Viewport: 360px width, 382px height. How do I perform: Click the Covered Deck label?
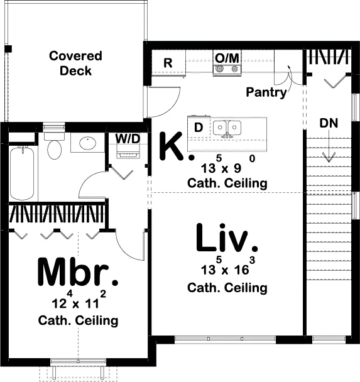(x=75, y=63)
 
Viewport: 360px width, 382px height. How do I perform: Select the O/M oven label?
(x=227, y=58)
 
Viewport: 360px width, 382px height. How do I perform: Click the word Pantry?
(x=266, y=92)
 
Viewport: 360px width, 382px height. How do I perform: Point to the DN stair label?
(x=329, y=123)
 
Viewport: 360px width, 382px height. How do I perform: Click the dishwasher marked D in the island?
(x=199, y=127)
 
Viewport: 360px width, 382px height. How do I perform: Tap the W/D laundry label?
(x=128, y=139)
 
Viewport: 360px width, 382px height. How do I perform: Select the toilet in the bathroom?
(x=54, y=146)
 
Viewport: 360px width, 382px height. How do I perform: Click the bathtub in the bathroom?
(x=22, y=173)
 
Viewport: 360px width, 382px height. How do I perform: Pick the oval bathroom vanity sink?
(x=88, y=143)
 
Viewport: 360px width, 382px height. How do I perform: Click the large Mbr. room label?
(x=78, y=271)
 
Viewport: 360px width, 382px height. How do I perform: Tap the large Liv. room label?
(x=227, y=237)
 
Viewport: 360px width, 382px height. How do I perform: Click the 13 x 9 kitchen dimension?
(x=227, y=165)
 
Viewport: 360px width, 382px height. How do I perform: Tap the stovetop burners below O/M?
(x=227, y=70)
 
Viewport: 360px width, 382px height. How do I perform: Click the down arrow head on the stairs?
(x=329, y=157)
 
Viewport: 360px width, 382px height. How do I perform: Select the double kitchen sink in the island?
(x=227, y=128)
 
